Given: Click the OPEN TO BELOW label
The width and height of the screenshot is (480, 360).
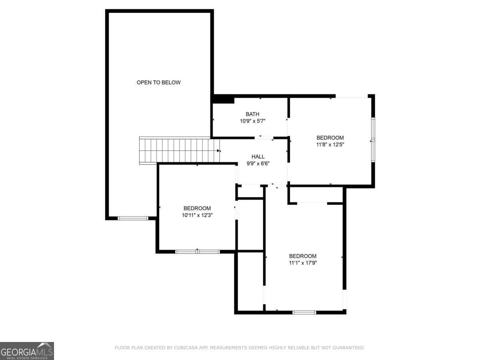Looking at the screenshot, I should [x=159, y=82].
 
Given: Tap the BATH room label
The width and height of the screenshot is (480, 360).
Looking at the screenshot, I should [x=252, y=114].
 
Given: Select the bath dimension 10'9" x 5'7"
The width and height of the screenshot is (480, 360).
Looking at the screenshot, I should [x=252, y=120].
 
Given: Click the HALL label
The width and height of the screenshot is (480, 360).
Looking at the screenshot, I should [x=258, y=156].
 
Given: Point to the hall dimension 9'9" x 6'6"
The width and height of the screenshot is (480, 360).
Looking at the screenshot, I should [x=258, y=163].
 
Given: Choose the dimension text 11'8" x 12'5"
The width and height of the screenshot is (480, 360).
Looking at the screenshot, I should [x=330, y=144].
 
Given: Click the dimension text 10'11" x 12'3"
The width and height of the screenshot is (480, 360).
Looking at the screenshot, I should [x=197, y=215].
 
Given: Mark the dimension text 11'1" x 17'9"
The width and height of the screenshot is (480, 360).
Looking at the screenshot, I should [x=303, y=263].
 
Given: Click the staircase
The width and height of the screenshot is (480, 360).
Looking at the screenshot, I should [x=178, y=151].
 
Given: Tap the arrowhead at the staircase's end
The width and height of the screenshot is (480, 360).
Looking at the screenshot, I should [x=219, y=151].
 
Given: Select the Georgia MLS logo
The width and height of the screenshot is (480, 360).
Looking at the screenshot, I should [x=27, y=351].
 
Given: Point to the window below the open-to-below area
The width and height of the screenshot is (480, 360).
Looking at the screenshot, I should [x=133, y=218].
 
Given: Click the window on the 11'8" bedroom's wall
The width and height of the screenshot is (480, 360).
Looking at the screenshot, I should [x=372, y=140].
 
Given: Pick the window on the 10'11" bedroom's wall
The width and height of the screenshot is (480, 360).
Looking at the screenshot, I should [x=198, y=252].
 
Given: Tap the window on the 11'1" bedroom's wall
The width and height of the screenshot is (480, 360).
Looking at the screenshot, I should [x=304, y=312].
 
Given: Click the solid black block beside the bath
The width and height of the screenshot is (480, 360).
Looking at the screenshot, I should [x=223, y=99].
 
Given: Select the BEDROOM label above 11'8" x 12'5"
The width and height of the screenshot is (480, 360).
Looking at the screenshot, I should [x=330, y=138].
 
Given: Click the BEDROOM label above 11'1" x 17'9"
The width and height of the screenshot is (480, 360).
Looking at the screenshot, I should [x=303, y=256].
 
